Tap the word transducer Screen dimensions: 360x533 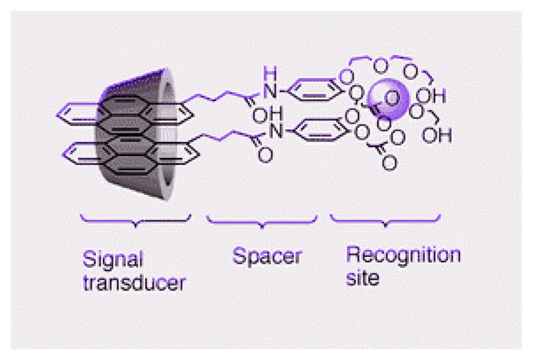click(134, 283)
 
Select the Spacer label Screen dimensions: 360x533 click(266, 255)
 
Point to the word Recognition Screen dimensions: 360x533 click(403, 254)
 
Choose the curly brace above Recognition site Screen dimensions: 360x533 click(385, 220)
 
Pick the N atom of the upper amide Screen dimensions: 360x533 click(268, 89)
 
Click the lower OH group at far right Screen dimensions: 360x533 click(440, 134)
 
